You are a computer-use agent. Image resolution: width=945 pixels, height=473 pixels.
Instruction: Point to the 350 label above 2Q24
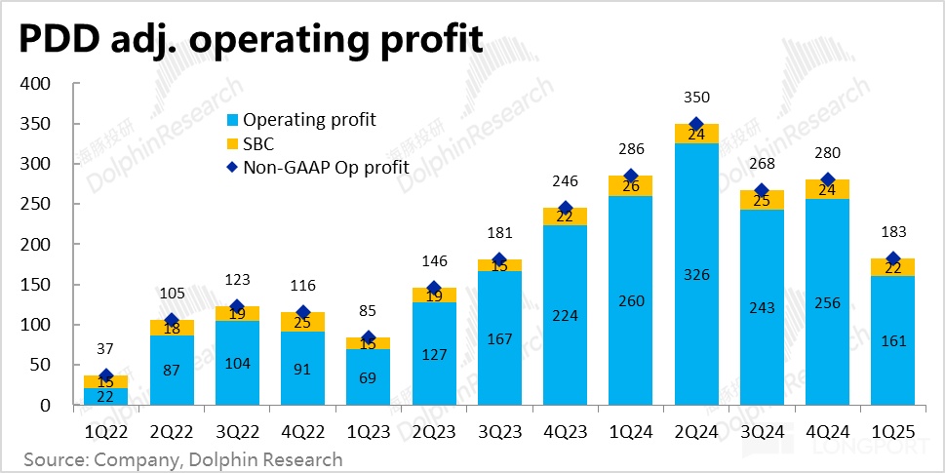coord(697,98)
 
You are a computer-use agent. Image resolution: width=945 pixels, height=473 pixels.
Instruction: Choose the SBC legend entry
coord(264,143)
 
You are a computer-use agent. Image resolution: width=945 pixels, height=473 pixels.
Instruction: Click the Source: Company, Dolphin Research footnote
coord(182,459)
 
